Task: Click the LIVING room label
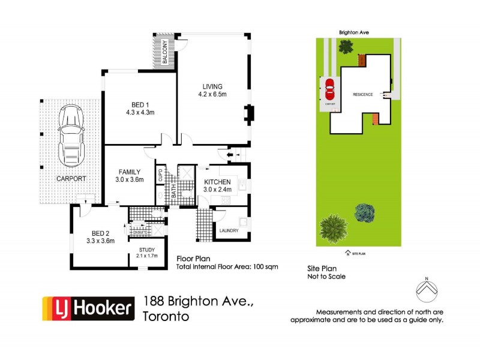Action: point(211,86)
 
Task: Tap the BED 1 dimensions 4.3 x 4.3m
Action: point(140,112)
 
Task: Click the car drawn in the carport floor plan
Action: point(71,136)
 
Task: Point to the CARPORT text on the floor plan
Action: point(71,179)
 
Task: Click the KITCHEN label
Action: point(217,182)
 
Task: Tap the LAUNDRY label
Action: point(229,230)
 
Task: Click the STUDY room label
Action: point(147,250)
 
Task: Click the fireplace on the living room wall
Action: point(248,113)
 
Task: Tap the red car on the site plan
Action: point(329,91)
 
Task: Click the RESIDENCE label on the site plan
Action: point(363,95)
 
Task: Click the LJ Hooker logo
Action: point(87,308)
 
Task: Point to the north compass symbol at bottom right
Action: point(427,290)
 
